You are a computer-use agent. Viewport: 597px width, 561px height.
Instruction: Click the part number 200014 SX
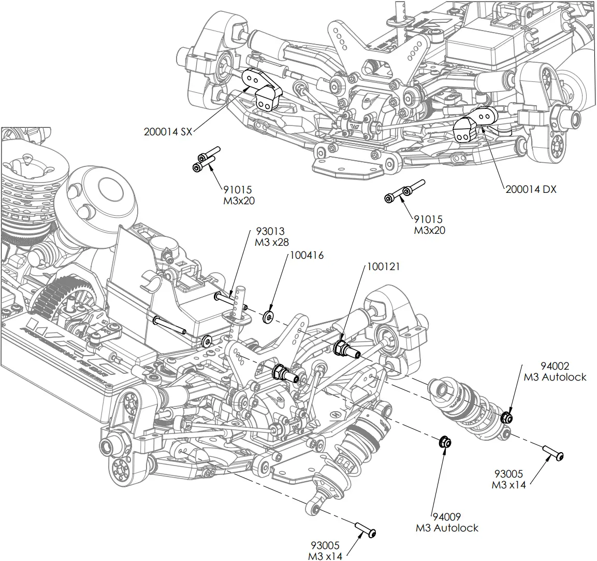click(x=168, y=132)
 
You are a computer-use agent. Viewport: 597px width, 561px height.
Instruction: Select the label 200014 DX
click(x=531, y=189)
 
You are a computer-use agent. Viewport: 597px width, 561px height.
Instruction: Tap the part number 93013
click(x=270, y=231)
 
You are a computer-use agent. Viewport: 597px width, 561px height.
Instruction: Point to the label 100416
click(x=307, y=255)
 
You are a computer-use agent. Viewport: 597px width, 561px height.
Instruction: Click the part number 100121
click(x=383, y=267)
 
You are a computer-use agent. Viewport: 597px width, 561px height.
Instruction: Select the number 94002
click(x=555, y=366)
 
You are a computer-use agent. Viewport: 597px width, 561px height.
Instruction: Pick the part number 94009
click(x=447, y=517)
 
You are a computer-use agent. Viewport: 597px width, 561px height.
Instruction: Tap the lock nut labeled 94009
click(x=445, y=443)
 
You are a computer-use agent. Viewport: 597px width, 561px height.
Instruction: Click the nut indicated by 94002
click(x=507, y=417)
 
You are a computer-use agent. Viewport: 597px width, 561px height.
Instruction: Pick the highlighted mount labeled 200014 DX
click(x=475, y=123)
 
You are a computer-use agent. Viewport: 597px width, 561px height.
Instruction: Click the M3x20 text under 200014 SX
click(x=239, y=201)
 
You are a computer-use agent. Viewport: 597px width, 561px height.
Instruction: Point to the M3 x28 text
click(x=272, y=242)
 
